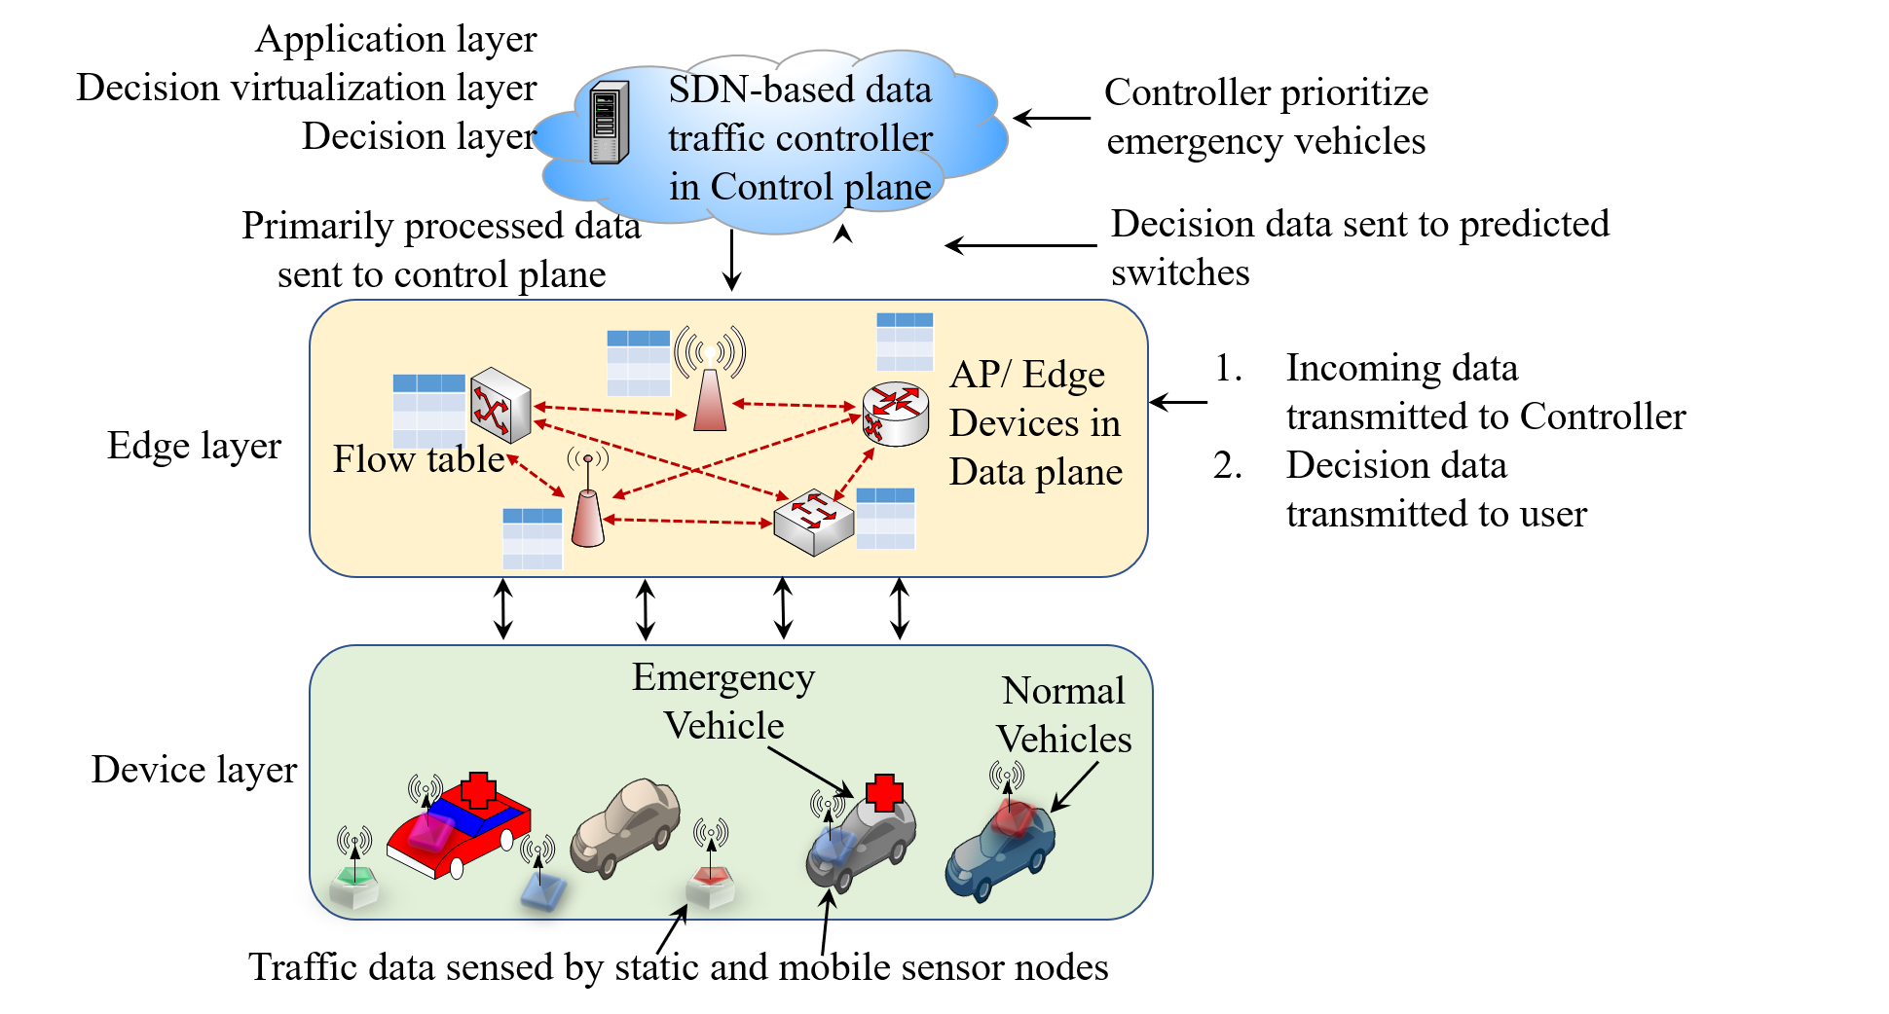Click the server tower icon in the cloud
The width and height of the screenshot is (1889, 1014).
coord(610,123)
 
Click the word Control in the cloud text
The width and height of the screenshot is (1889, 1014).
coord(772,187)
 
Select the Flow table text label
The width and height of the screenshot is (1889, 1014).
coord(419,459)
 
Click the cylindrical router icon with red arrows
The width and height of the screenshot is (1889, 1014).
coord(896,414)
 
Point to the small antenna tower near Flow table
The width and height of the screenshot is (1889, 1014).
coord(587,506)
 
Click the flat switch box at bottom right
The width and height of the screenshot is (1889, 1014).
coord(813,523)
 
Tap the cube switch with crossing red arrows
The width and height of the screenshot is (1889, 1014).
coord(500,405)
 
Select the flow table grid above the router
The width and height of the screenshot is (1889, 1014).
coord(905,341)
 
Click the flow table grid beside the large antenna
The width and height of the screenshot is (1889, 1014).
coord(639,362)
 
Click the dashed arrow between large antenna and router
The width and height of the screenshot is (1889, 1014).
coord(794,404)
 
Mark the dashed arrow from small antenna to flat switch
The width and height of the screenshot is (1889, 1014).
coord(687,522)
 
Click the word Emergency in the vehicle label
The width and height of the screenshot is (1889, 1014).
coord(723,677)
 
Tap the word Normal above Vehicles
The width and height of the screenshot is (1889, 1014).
coord(1063,691)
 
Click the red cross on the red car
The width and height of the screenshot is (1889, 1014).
coord(478,790)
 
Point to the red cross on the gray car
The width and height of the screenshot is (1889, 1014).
coord(884,793)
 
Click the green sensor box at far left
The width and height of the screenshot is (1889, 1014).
coord(353,886)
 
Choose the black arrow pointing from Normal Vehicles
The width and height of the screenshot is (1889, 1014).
coord(1074,786)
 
